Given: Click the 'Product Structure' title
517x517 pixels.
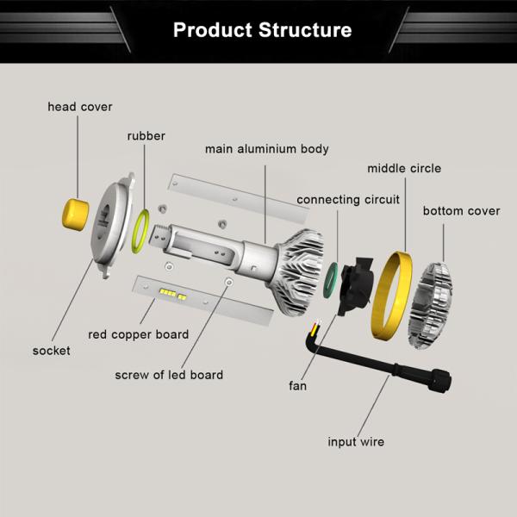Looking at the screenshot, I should pos(262,30).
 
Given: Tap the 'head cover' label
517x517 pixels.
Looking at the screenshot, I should pos(80,107).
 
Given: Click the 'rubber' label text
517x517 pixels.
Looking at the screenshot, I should pos(146,136).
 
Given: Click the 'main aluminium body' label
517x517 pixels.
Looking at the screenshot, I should pos(266,149).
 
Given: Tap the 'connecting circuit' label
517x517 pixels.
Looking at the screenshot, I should pos(348,200).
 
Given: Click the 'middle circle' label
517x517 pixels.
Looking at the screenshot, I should pos(404,168).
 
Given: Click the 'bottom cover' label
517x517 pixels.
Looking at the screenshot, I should pos(461,211).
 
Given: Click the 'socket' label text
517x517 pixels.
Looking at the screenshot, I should pos(52,351).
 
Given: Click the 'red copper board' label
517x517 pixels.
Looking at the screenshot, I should pos(138,334).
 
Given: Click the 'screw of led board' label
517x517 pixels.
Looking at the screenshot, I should pos(169,375).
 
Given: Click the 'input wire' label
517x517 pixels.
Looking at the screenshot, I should pos(356,442).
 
